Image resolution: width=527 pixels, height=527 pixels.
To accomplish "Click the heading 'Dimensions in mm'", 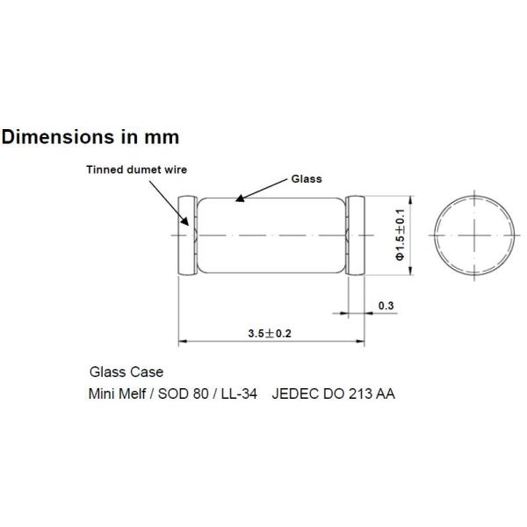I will click(90, 137).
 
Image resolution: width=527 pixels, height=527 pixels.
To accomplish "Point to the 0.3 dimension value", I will click(385, 306).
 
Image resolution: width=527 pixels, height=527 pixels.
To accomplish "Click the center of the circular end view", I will click(475, 236).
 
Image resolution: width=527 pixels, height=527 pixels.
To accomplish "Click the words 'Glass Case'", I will click(126, 372).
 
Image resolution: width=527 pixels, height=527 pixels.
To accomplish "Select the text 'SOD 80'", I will click(182, 393).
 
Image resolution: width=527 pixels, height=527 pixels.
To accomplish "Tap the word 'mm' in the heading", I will click(162, 137).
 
